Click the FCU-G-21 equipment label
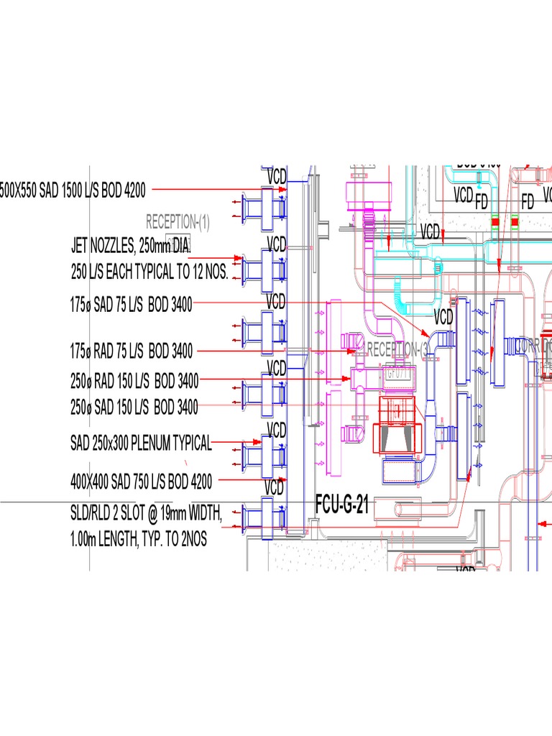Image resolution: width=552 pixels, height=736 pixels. click(342, 505)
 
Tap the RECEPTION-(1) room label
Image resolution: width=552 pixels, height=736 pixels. click(178, 221)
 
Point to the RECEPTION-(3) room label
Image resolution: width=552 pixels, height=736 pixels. click(397, 350)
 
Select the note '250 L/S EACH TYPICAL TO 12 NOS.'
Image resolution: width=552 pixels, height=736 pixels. click(149, 272)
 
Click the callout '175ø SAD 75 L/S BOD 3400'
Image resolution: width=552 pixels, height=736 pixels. click(131, 305)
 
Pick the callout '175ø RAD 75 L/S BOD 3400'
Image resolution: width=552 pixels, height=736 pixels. click(131, 352)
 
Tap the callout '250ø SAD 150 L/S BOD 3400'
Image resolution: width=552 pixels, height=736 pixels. click(134, 407)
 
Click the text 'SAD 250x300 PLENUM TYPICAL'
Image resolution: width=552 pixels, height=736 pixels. click(141, 443)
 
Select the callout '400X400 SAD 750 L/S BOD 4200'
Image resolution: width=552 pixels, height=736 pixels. click(141, 479)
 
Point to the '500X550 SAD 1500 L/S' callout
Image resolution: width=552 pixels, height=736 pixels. click(72, 190)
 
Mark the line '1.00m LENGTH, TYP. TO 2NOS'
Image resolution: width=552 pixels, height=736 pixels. click(138, 540)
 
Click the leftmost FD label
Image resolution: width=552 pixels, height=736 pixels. click(482, 203)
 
